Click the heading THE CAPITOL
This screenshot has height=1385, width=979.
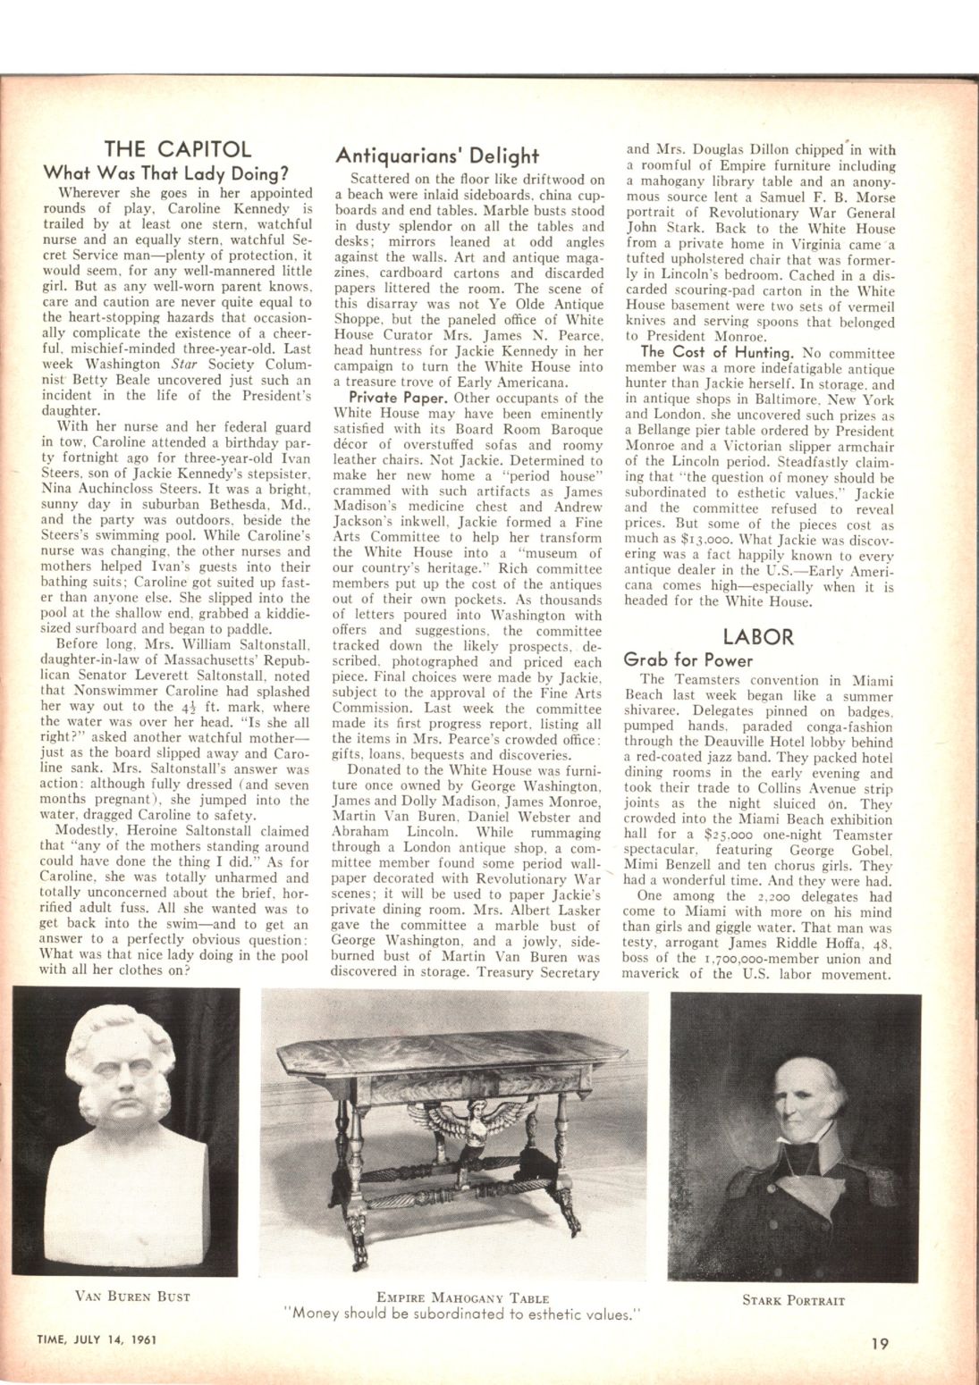pos(177,149)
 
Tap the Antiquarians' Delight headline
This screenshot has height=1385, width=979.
pos(437,155)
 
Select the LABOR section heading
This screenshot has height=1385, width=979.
pos(758,636)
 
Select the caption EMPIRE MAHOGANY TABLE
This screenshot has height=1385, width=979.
pos(462,1297)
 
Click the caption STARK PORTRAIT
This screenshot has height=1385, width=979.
pos(793,1300)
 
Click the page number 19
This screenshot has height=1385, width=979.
pos(882,1340)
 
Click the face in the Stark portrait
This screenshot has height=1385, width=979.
pos(803,1072)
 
